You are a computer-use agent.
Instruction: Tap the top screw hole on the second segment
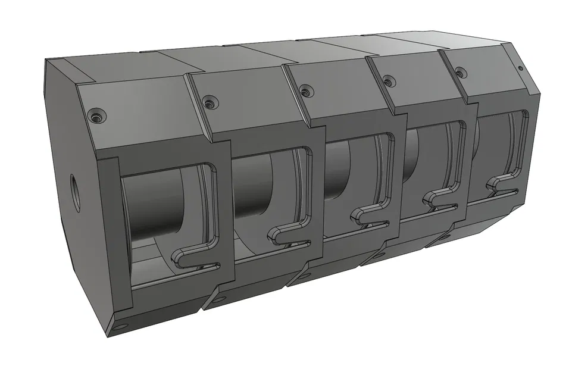pos(208,104)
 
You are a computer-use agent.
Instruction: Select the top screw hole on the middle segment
pos(305,90)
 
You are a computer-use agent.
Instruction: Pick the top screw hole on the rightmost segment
pos(459,73)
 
